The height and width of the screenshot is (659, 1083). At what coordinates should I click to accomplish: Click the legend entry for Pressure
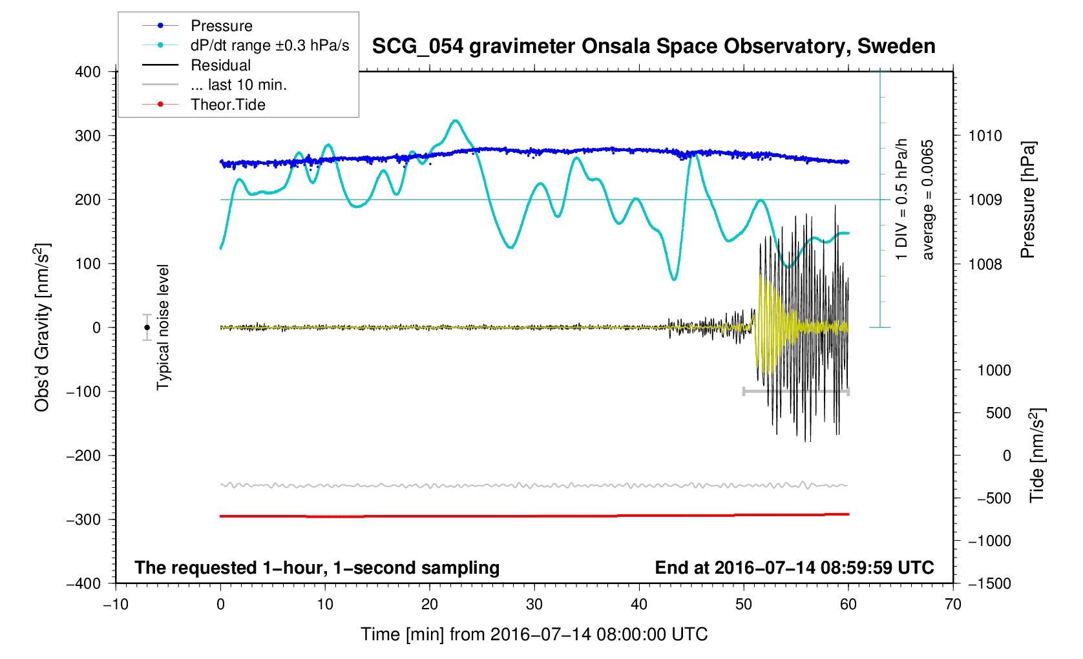(221, 26)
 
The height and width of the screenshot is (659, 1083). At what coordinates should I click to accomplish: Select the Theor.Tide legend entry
(227, 105)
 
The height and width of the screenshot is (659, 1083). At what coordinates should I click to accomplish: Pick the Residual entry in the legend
(220, 65)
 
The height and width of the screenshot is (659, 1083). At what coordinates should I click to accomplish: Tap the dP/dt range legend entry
(269, 45)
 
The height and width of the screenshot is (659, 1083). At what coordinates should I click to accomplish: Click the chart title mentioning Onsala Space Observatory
(653, 47)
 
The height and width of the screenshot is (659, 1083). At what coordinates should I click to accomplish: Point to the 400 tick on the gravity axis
(88, 72)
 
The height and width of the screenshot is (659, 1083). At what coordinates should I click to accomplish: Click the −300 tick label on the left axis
(84, 519)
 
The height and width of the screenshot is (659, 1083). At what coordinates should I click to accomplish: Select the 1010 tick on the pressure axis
(985, 136)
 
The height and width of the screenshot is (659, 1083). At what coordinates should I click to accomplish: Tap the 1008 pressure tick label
(985, 264)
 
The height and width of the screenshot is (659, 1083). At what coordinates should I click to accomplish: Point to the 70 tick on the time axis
(952, 605)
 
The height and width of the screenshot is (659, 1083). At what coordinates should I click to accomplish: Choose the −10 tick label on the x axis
(116, 605)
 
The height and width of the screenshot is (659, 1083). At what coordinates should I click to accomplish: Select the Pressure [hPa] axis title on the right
(1028, 200)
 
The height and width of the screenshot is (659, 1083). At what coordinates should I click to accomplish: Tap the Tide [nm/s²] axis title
(1037, 455)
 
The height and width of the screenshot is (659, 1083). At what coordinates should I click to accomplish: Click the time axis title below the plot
(534, 634)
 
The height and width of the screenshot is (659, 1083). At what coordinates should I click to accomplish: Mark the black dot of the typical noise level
(147, 328)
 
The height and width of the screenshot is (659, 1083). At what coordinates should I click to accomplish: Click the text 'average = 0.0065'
(928, 200)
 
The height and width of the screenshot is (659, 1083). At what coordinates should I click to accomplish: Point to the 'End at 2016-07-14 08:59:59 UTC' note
(794, 568)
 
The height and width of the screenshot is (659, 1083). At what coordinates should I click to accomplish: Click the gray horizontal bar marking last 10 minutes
(796, 392)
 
